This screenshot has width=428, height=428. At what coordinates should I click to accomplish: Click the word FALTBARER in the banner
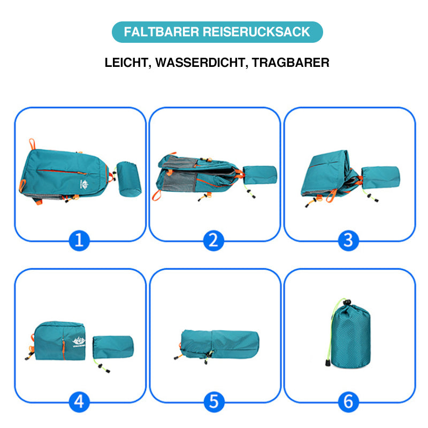point(162,32)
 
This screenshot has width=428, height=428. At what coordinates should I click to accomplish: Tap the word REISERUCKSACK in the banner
point(256,32)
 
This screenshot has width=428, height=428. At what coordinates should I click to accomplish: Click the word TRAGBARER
point(291,63)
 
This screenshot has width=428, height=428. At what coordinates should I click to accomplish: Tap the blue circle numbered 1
point(79,240)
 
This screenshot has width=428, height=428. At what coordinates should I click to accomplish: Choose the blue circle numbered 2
point(213,240)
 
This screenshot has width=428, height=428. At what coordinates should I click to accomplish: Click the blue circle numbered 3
point(348,240)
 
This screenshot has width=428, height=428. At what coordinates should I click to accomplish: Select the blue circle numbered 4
point(79,402)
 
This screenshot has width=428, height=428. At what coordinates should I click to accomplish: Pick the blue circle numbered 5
point(214,402)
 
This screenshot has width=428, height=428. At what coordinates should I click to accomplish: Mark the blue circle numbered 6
point(348,402)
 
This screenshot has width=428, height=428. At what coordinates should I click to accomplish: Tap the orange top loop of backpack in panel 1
point(32,144)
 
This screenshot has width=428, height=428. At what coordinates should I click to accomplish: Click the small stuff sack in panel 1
point(128,179)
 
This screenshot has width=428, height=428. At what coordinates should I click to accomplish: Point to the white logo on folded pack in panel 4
point(79,342)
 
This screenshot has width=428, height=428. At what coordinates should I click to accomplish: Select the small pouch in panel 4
point(113,347)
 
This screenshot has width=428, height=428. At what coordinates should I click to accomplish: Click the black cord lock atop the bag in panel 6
point(347,302)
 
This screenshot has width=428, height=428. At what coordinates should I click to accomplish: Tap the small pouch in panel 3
point(380,177)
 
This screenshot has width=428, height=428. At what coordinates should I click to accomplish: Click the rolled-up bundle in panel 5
point(220,344)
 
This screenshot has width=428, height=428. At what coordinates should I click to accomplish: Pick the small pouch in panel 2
point(260,175)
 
